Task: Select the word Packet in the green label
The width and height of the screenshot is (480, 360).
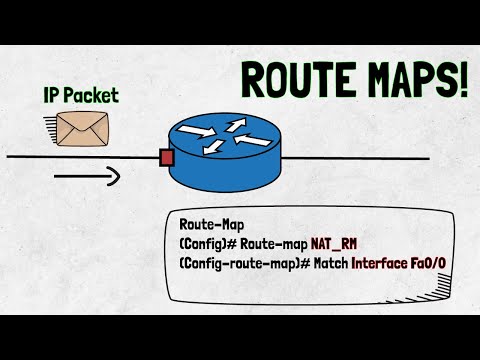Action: (x=94, y=96)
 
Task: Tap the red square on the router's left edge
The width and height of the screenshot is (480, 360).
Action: (x=167, y=158)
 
